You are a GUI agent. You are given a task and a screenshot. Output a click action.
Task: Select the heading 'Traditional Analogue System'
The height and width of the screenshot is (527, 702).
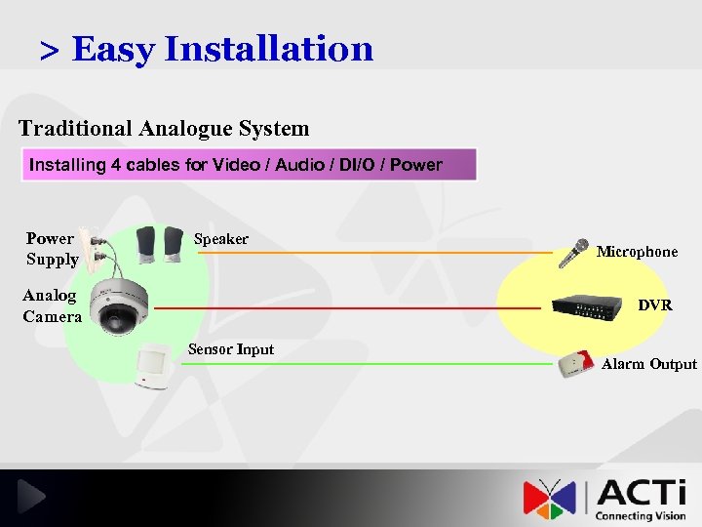164,128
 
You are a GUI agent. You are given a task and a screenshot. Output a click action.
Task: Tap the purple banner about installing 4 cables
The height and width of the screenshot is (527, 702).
249,165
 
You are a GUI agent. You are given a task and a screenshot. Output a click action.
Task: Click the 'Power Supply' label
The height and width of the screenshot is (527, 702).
52,249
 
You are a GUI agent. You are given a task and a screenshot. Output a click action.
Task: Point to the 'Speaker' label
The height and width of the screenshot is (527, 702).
221,239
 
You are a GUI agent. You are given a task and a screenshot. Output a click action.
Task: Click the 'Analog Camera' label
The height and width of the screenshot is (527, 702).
52,305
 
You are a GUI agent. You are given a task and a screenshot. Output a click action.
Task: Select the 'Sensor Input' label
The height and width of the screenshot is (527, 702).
231,349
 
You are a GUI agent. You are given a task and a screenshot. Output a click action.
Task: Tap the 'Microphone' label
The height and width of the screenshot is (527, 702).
637,252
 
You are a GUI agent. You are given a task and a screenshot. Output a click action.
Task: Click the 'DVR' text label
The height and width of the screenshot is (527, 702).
655,305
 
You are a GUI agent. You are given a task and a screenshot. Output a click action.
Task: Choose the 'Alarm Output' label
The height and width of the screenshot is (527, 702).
649,364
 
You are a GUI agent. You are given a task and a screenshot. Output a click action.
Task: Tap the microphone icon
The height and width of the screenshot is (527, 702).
574,253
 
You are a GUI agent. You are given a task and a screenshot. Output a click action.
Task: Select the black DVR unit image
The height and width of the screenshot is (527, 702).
587,305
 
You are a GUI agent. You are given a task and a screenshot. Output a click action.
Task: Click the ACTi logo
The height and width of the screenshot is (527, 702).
604,497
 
